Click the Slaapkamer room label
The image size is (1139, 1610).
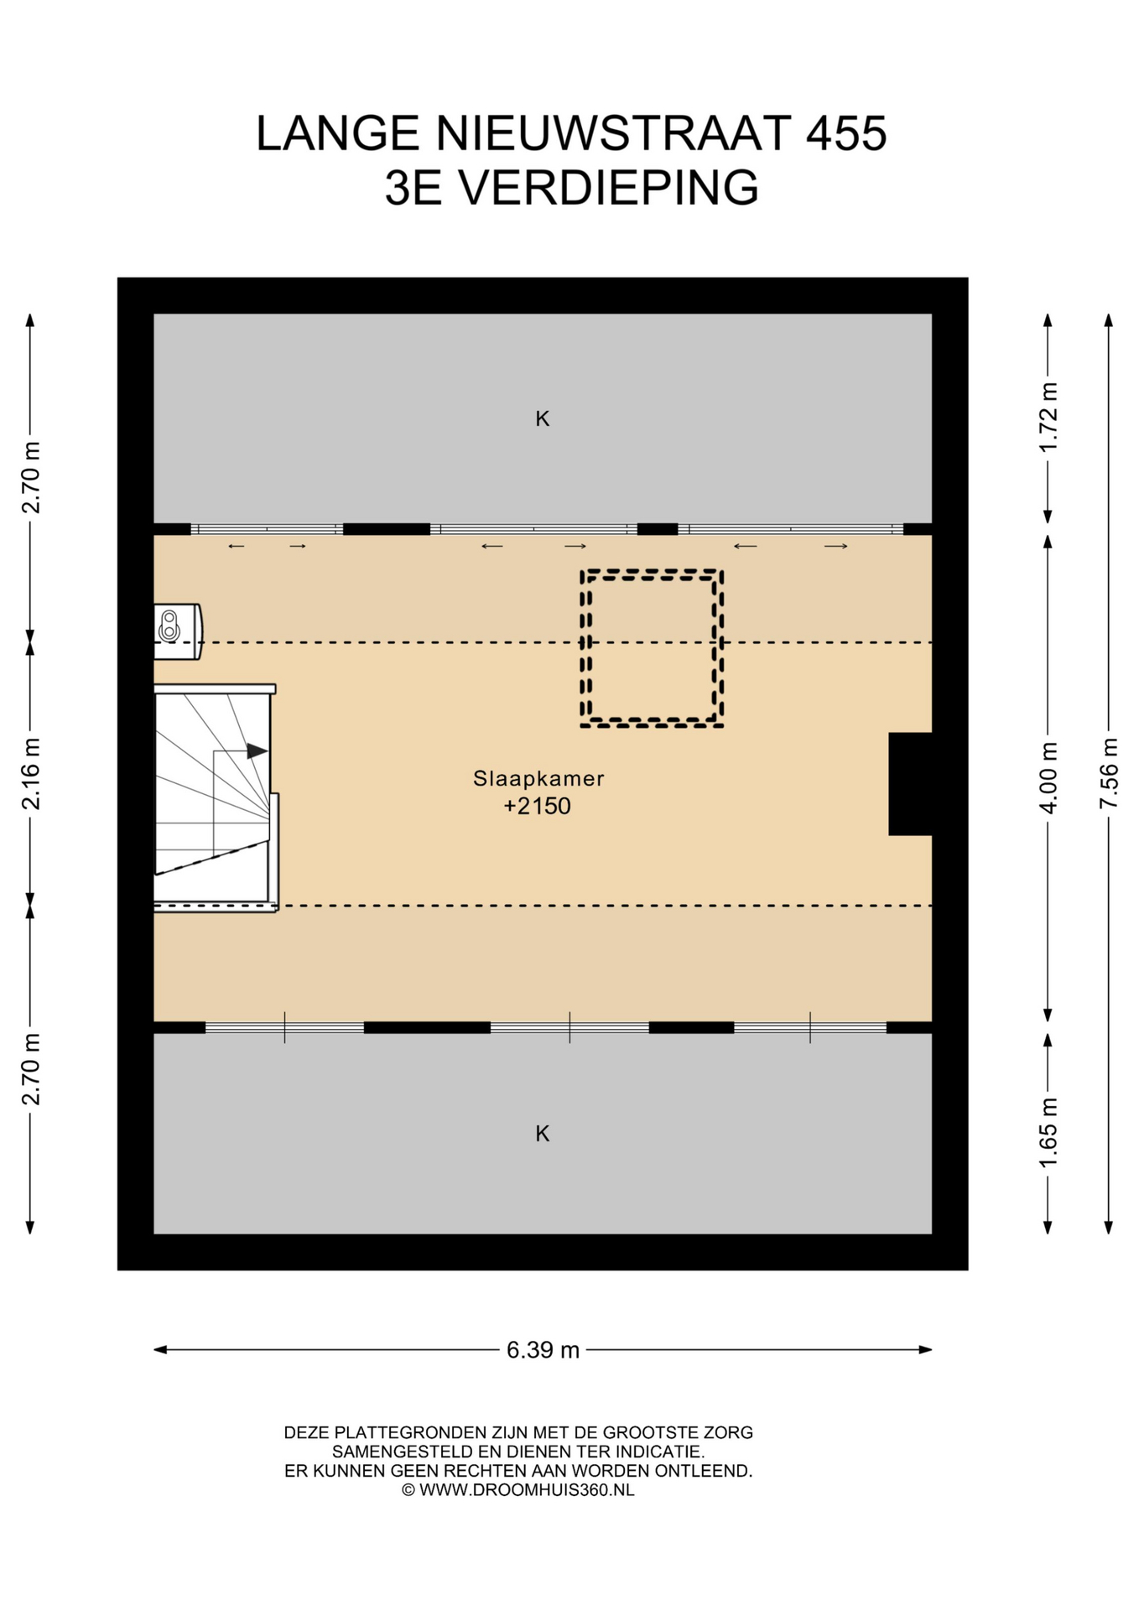(538, 778)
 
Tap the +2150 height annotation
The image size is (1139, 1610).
(537, 806)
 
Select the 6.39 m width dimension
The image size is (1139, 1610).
(543, 1350)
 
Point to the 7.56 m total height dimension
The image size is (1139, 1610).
(1109, 773)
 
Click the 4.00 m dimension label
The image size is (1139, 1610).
(1048, 777)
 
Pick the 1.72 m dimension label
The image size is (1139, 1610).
(1048, 417)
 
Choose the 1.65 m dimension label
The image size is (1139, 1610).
(1048, 1132)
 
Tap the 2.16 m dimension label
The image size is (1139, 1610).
(30, 774)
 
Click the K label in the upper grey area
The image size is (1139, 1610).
(543, 418)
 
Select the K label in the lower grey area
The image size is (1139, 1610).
(543, 1134)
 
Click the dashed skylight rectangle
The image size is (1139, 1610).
(652, 574)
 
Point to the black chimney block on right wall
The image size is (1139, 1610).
(910, 784)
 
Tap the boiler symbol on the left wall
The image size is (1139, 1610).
(177, 631)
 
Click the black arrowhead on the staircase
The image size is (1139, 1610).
(257, 751)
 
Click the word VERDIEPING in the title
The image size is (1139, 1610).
(608, 187)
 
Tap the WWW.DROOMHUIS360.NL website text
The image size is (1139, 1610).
(527, 1490)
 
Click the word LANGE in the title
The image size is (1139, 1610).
(338, 133)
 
